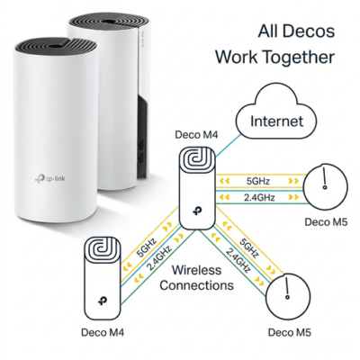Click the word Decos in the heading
(x=303, y=32)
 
